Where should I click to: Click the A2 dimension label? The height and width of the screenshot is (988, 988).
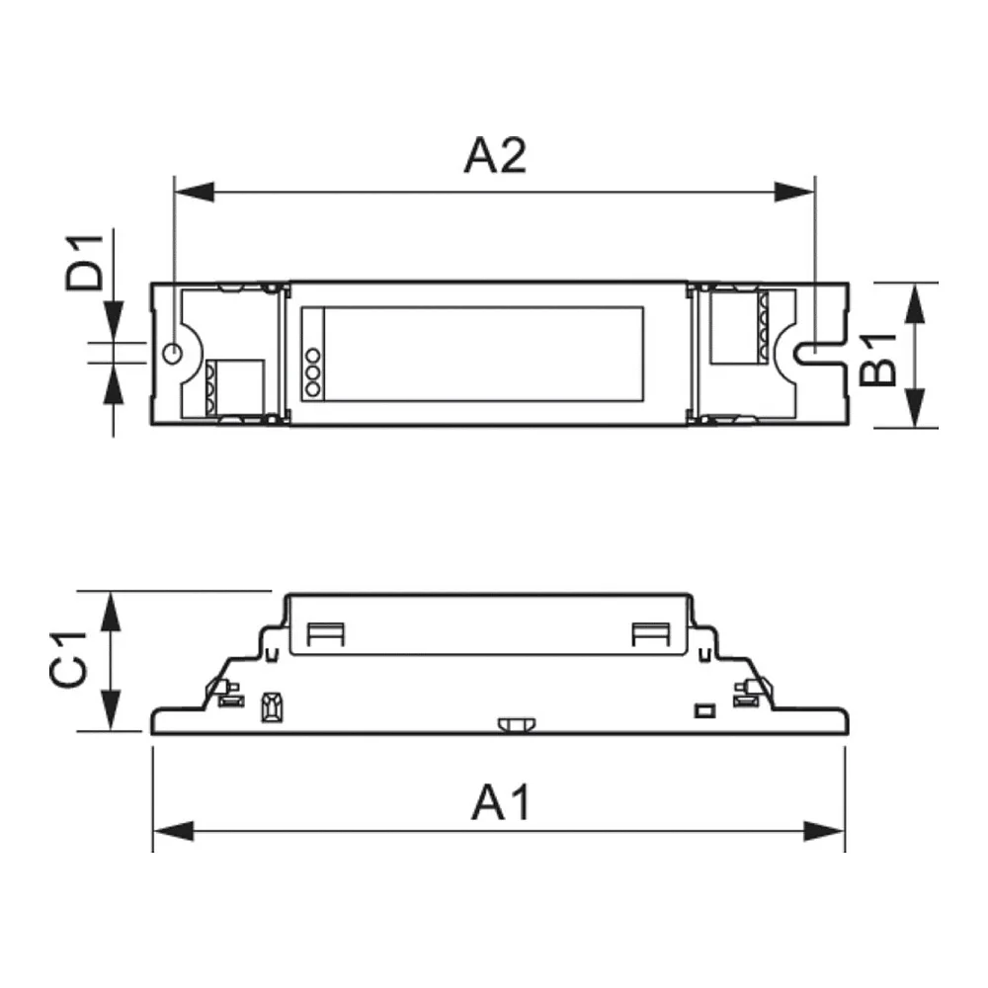pos(495,155)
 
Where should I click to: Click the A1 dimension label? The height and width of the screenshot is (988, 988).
pos(501,802)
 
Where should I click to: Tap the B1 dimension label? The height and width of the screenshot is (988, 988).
pos(877,360)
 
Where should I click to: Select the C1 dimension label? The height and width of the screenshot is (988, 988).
pos(68,659)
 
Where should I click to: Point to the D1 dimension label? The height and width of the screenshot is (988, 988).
pos(84,262)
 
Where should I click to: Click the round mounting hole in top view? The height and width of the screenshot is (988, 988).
pos(172,354)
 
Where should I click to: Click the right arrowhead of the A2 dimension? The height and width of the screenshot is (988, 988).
pos(794,193)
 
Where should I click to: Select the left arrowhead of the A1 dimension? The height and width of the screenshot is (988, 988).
pos(173,831)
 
